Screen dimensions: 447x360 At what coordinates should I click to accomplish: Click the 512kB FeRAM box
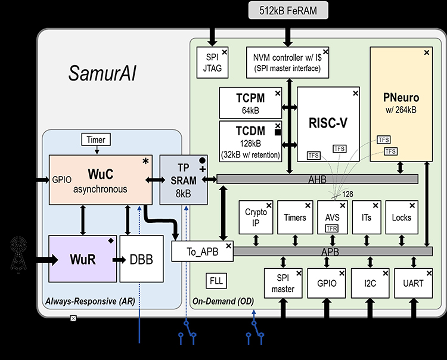[288, 11]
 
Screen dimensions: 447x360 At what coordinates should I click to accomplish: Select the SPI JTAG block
[212, 63]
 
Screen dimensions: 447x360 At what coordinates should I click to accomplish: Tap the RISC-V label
[328, 123]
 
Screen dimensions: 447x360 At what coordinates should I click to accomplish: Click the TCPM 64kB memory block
[250, 103]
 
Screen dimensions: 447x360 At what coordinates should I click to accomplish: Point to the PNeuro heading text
[401, 98]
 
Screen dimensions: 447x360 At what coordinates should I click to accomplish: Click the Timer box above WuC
[96, 139]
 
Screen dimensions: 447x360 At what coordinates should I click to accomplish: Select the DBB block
[141, 259]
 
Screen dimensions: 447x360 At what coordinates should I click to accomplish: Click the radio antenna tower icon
[18, 254]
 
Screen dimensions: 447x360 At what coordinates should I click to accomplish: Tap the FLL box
[216, 281]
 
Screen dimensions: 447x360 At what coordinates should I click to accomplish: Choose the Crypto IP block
[256, 218]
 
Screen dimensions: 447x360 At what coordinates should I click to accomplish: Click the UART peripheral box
[414, 283]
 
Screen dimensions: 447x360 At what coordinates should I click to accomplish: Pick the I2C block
[370, 283]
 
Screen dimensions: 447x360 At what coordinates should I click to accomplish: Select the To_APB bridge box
[203, 252]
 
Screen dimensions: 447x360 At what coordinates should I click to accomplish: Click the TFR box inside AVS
[332, 228]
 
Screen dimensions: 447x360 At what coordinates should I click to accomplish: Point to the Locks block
[402, 218]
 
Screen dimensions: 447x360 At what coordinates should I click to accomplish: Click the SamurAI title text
[103, 73]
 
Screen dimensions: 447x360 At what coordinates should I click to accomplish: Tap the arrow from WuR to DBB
[119, 260]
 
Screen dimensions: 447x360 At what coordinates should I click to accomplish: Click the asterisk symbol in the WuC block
[145, 162]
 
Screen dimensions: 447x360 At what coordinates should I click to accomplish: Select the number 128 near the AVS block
[347, 194]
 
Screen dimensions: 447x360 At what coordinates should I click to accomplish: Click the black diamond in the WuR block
[111, 241]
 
